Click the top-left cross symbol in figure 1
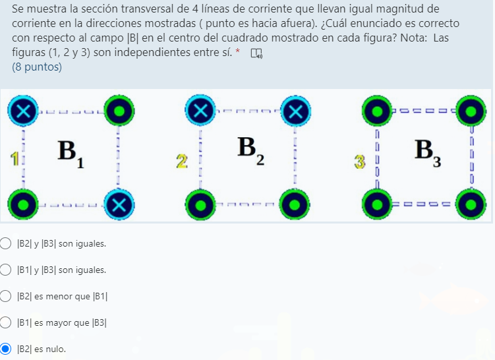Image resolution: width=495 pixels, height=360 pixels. point(23,111)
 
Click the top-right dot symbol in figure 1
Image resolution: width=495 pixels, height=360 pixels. point(119,111)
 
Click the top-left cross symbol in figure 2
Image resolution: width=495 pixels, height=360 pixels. point(199,111)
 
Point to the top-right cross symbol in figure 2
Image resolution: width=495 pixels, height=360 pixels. point(295,111)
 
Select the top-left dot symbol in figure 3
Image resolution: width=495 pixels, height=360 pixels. point(376,111)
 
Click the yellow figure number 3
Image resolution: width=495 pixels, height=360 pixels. point(359,161)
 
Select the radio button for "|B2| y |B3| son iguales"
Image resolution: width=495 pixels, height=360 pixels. point(5,244)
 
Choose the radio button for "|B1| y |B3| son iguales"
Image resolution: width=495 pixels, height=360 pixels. point(5,270)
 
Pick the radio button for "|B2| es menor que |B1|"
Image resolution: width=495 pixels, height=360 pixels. point(5,296)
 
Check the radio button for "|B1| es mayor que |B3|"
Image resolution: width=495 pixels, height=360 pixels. point(5,322)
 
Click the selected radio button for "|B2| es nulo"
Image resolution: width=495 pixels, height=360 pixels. point(5,349)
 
